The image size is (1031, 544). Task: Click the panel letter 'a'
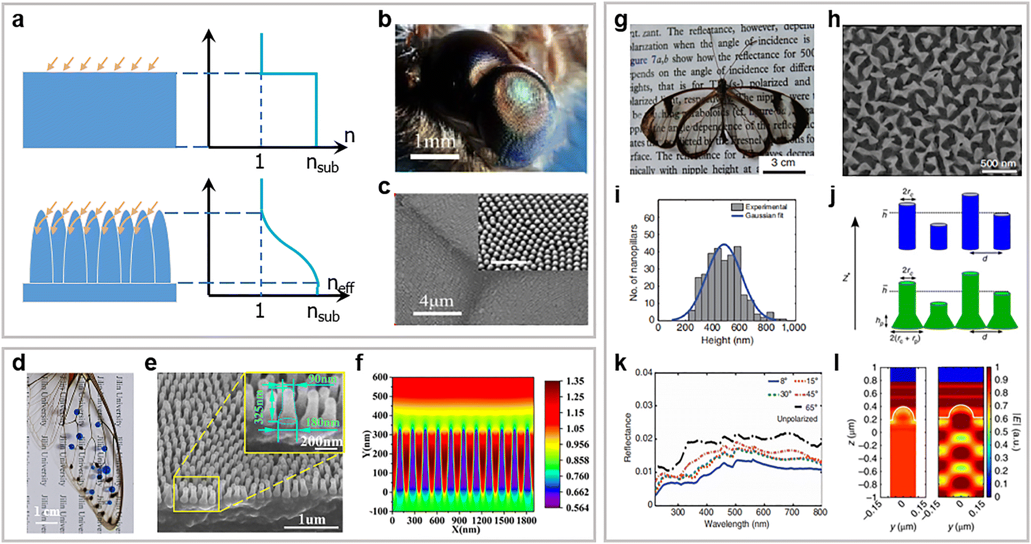pyautogui.click(x=18, y=21)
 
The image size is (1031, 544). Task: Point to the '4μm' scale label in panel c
pyautogui.click(x=436, y=301)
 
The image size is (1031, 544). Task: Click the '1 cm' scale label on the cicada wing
pyautogui.click(x=46, y=511)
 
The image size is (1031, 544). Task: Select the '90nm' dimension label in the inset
pyautogui.click(x=323, y=380)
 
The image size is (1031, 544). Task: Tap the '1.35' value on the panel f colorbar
pyautogui.click(x=575, y=381)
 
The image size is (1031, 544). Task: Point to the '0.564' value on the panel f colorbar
pyautogui.click(x=577, y=508)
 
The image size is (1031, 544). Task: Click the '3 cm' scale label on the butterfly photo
pyautogui.click(x=783, y=163)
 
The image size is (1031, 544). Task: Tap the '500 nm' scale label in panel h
pyautogui.click(x=998, y=164)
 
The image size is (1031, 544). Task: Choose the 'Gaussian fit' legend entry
pyautogui.click(x=764, y=215)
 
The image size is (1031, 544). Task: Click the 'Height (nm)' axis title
pyautogui.click(x=727, y=341)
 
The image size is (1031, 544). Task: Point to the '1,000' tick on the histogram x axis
pyautogui.click(x=793, y=328)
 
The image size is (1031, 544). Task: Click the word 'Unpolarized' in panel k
pyautogui.click(x=797, y=419)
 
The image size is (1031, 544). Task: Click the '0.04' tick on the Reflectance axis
pyautogui.click(x=644, y=373)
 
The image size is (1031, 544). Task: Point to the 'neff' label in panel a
pyautogui.click(x=340, y=284)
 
